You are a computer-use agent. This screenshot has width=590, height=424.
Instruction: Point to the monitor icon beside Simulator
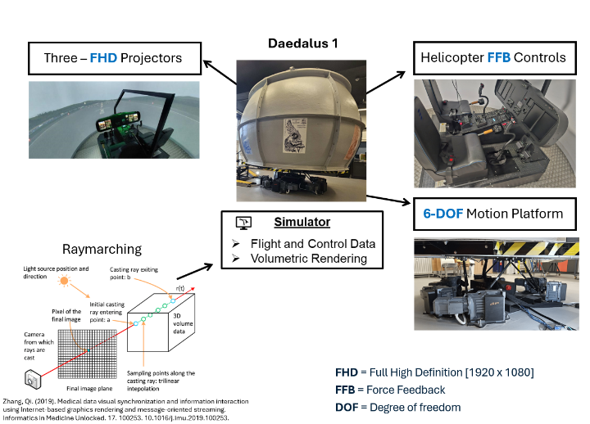click(243, 223)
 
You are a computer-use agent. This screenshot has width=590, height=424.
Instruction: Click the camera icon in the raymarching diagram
click(34, 379)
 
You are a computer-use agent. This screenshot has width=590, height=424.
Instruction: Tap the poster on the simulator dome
click(293, 133)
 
